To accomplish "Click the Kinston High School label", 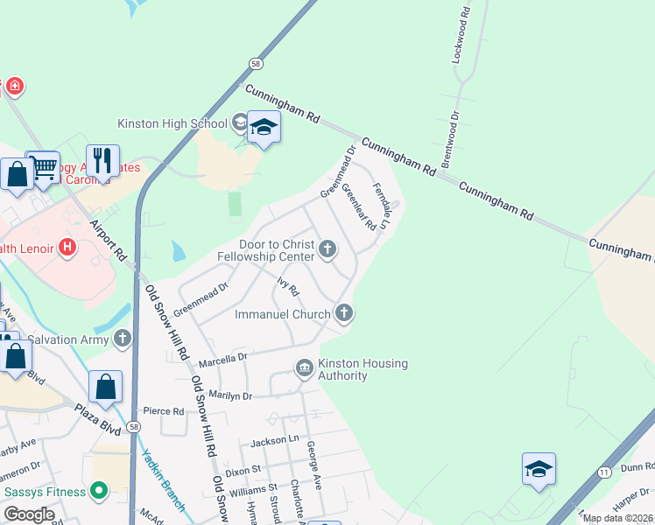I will (173, 123).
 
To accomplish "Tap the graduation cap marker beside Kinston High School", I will (263, 129).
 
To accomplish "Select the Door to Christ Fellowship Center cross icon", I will (327, 250).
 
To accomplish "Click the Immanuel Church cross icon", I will (344, 312).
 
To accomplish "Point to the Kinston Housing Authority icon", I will (305, 368).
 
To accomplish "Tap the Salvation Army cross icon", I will (121, 338).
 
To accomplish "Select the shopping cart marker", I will (43, 166).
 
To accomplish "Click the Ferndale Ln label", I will (380, 206).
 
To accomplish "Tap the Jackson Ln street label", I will (275, 442).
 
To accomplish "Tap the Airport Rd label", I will (108, 240).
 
